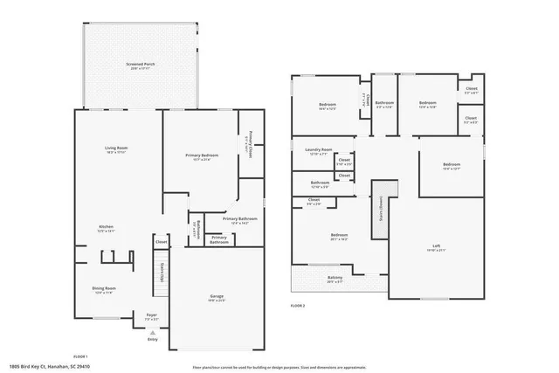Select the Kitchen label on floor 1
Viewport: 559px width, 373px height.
point(105,229)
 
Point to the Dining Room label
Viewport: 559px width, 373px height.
point(105,289)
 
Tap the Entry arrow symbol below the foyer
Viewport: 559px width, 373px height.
point(152,333)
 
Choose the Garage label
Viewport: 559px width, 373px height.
point(216,298)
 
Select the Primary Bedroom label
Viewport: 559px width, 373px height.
point(199,156)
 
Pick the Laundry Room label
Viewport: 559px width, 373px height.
point(318,151)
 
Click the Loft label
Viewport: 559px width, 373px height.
point(435,247)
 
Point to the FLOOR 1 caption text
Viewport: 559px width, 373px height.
point(80,356)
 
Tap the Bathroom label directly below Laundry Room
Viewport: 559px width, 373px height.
point(319,184)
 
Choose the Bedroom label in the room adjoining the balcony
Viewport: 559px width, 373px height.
point(339,236)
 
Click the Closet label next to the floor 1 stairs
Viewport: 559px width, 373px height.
point(162,242)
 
